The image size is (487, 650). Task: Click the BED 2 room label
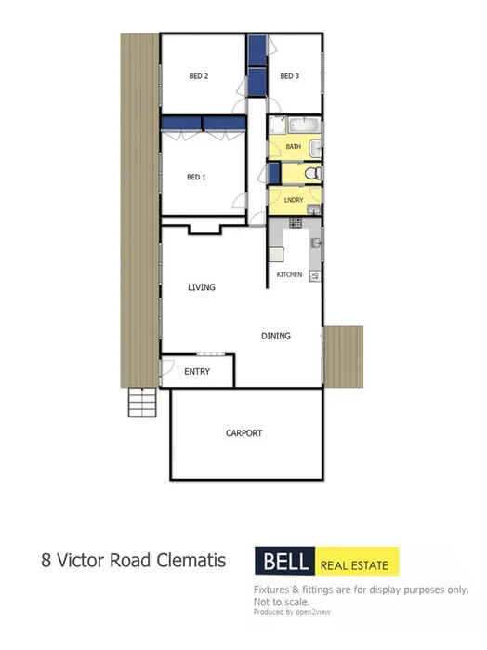pyautogui.click(x=198, y=76)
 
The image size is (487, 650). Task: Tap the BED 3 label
pyautogui.click(x=288, y=76)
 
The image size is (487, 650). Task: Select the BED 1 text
pyautogui.click(x=195, y=177)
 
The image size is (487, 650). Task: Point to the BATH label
pyautogui.click(x=293, y=147)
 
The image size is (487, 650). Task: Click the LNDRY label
pyautogui.click(x=294, y=199)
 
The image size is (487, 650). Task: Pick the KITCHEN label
pyautogui.click(x=289, y=276)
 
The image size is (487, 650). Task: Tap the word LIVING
pyautogui.click(x=201, y=287)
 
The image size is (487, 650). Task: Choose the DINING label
pyautogui.click(x=276, y=337)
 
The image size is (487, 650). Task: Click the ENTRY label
pyautogui.click(x=197, y=372)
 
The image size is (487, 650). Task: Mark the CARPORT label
pyautogui.click(x=244, y=433)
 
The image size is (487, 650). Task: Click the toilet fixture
pyautogui.click(x=313, y=174)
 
